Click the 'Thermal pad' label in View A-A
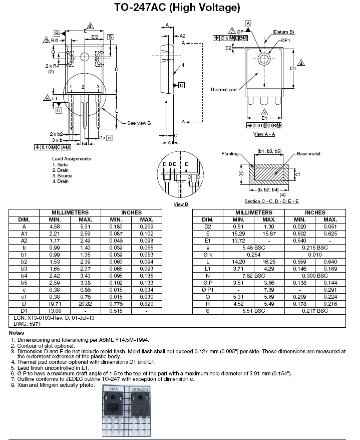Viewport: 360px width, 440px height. [223, 90]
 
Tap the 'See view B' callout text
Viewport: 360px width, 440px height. [139, 123]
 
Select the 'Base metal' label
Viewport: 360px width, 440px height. [308, 154]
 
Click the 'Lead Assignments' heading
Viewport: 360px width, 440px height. [72, 159]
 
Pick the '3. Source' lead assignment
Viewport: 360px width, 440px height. [62, 176]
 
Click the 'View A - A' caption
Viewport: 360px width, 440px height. [264, 134]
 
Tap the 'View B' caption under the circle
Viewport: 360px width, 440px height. [180, 204]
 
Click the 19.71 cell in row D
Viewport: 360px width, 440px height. [55, 304]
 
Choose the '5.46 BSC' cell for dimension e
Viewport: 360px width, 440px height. [253, 248]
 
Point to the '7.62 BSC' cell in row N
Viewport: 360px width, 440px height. [253, 276]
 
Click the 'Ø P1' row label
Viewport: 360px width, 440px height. [207, 290]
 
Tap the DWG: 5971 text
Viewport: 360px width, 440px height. [23, 325]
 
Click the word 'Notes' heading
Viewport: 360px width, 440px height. [17, 333]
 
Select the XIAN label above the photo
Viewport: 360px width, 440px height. [114, 388]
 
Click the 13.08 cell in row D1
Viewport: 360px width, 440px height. [55, 311]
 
